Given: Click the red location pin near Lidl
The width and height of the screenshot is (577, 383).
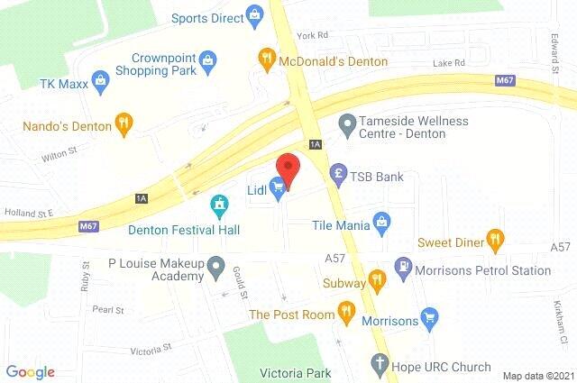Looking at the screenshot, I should coord(287,168).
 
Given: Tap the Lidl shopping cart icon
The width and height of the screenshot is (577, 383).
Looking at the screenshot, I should coord(279,187).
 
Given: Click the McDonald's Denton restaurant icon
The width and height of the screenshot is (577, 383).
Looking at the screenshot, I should coord(266,60).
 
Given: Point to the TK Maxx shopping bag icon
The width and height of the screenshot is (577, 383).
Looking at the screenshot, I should coord(101,78).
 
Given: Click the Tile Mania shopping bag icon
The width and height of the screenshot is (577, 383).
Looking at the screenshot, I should coord(382,221).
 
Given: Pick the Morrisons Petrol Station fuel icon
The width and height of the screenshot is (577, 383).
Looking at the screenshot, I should coord(402,269).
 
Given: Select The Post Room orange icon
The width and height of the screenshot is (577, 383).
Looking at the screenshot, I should coord(345,312).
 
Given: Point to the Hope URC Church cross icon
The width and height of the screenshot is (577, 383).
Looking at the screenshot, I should coord(380,364).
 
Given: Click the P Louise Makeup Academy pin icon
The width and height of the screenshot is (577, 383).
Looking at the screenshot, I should coord(215,266).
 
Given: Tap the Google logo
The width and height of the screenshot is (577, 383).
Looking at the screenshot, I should coord(30,371).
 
